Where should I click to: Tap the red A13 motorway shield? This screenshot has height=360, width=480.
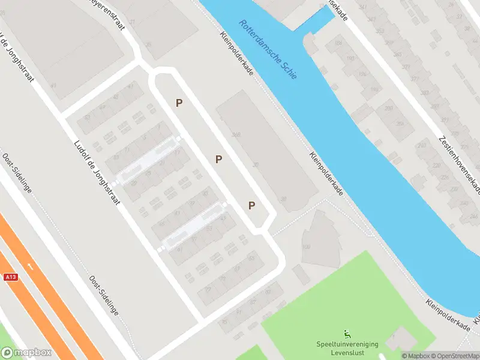point(10,277)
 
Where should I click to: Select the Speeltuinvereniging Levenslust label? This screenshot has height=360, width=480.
point(347,347)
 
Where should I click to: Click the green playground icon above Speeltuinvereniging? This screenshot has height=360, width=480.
point(347,334)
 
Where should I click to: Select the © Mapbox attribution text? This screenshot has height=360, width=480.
point(415,356)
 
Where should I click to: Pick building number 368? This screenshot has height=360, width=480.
point(236,135)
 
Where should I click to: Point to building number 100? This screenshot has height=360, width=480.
point(305,247)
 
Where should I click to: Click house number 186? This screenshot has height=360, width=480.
point(338,44)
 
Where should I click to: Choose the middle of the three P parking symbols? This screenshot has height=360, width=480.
point(219,160)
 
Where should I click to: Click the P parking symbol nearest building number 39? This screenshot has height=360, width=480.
point(252,206)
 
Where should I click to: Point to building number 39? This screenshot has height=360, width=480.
point(283,199)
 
